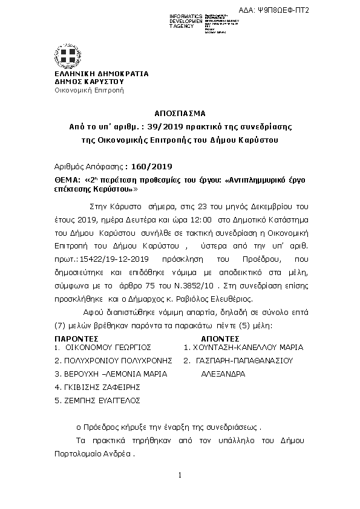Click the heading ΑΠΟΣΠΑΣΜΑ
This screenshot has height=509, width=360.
(x=180, y=113)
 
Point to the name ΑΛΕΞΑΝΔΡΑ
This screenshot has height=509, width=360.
(x=223, y=374)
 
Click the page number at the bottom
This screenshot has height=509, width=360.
(x=180, y=476)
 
